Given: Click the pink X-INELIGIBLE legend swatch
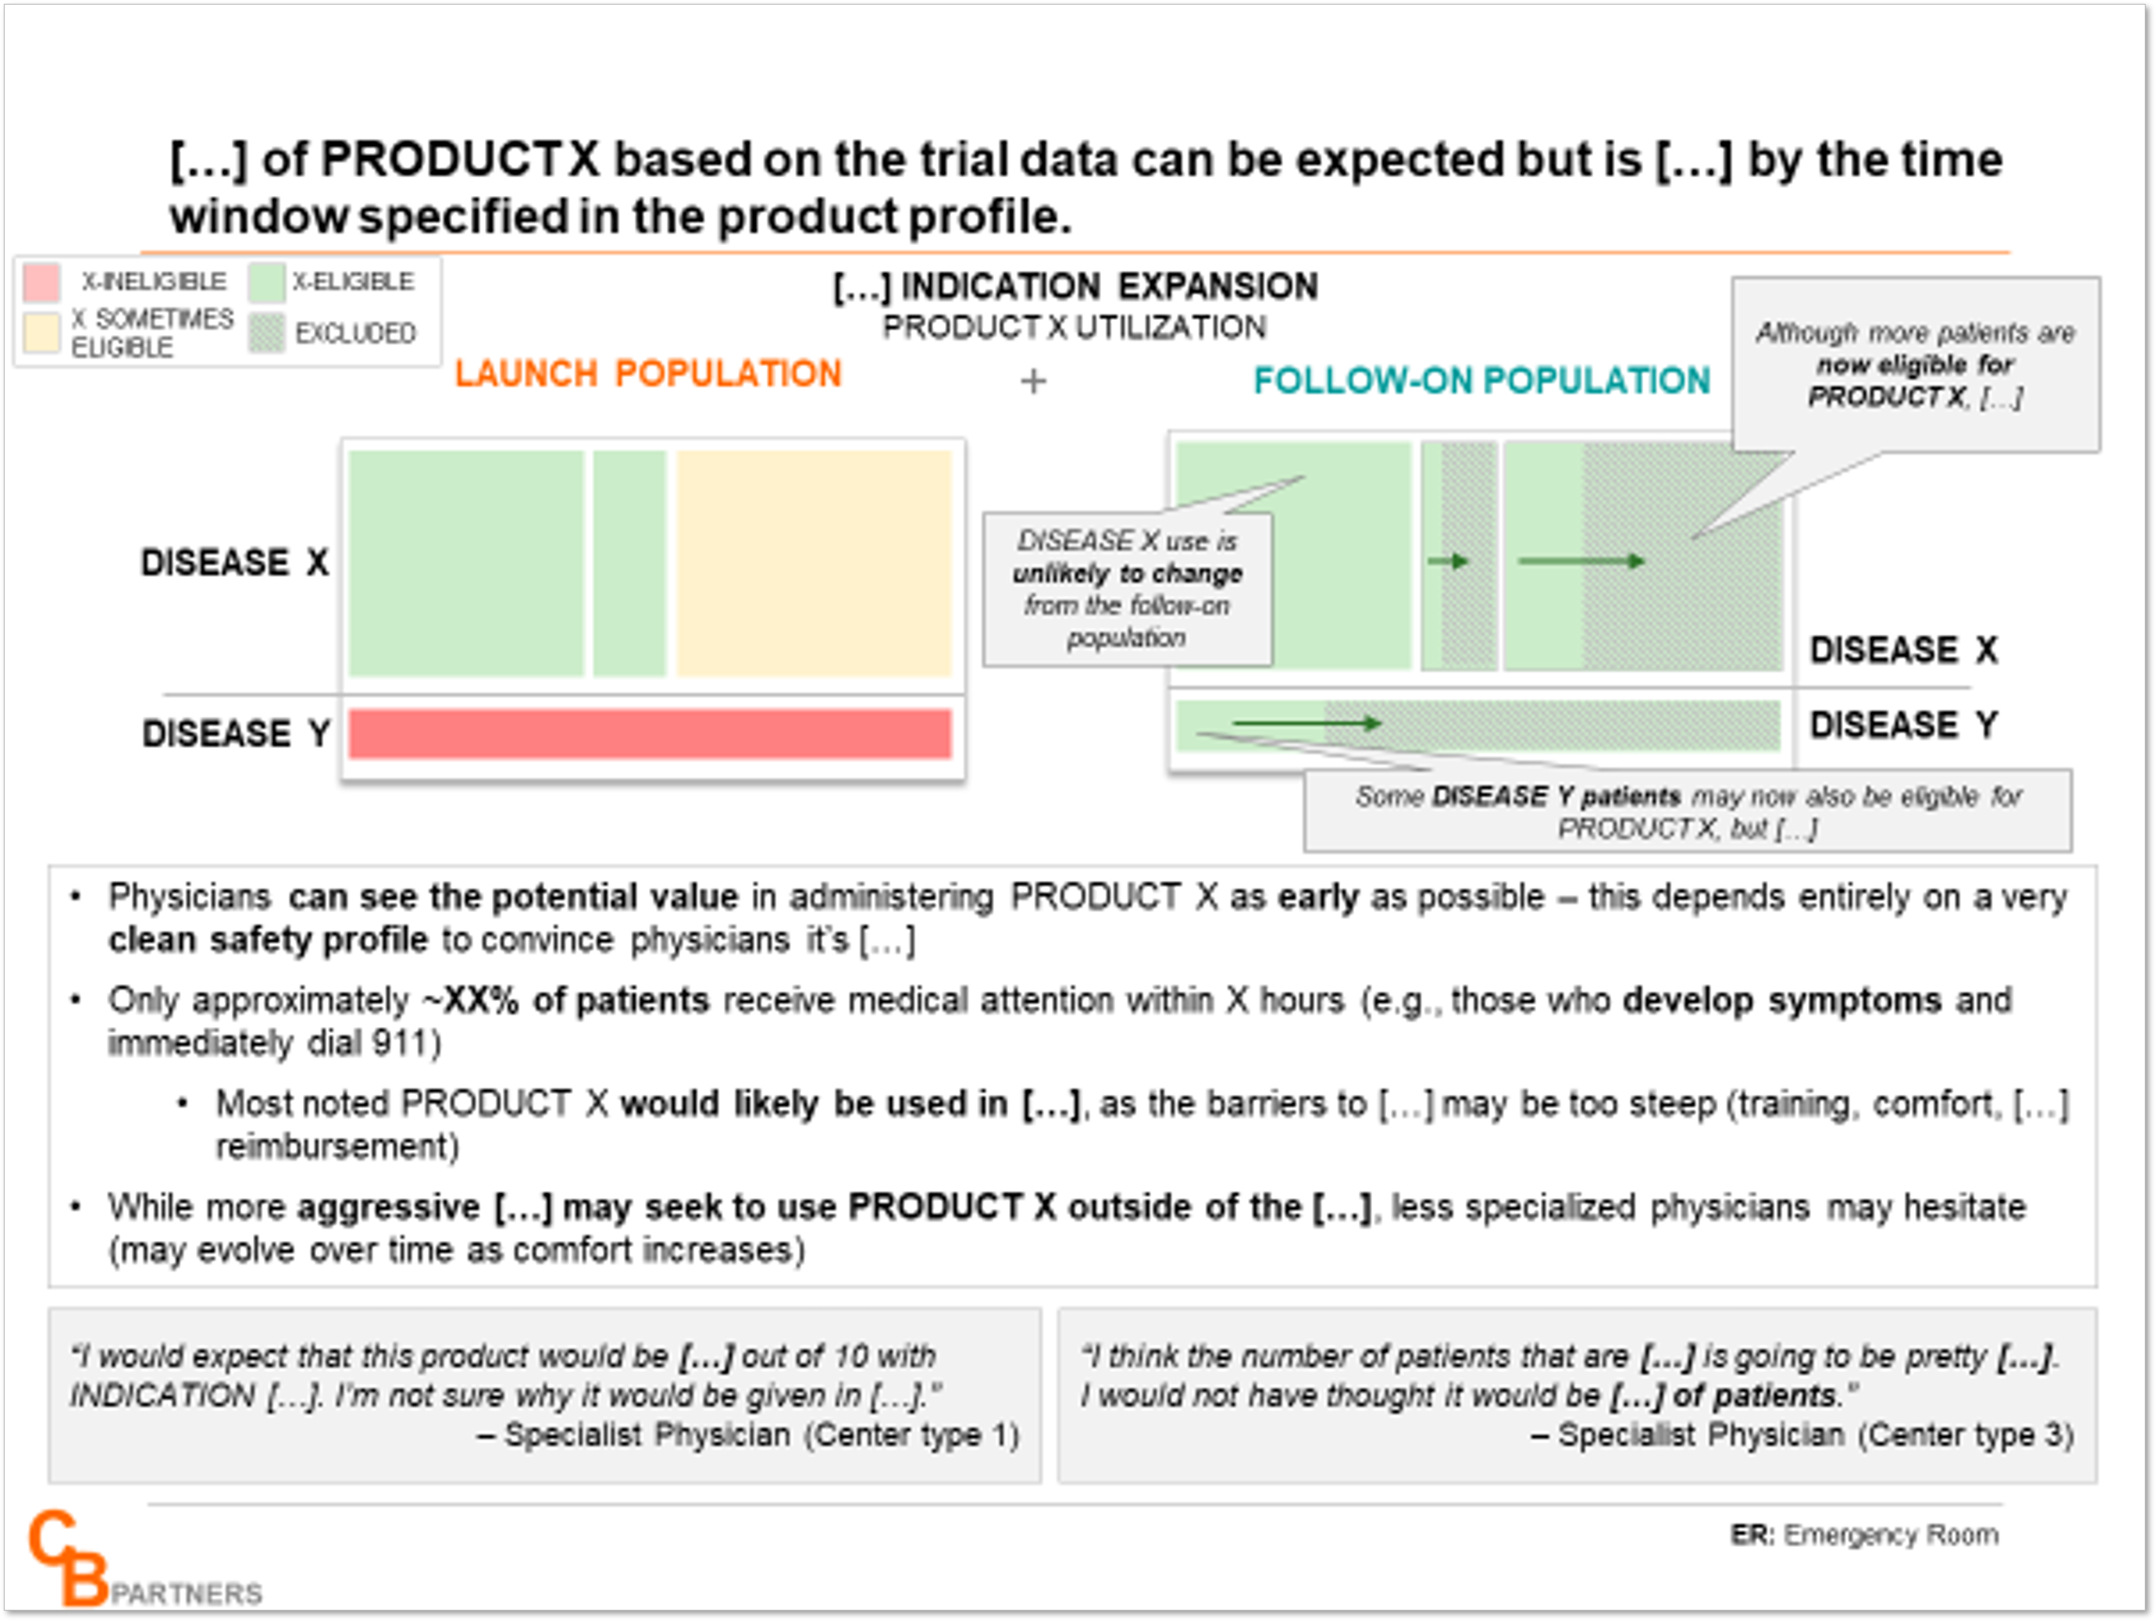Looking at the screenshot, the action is tap(42, 281).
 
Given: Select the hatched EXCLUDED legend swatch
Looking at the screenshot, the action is tap(266, 332).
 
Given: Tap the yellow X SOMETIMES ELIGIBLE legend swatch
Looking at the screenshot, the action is tap(42, 332).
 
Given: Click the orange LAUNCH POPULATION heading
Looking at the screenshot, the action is tap(648, 373).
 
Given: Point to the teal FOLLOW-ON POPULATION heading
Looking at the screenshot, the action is tap(1482, 380).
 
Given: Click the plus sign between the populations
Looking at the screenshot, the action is tap(1033, 381).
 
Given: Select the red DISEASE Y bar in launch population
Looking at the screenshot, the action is tap(650, 733).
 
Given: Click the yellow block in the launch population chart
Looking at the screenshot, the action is tap(814, 563).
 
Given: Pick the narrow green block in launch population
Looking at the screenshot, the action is tap(629, 563).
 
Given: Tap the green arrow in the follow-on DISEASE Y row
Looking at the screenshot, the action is tap(1307, 723).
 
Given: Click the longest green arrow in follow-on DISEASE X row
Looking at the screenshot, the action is tap(1582, 560).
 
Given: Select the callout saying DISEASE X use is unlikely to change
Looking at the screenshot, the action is tap(1128, 589).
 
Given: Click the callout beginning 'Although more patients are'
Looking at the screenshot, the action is tap(1915, 365).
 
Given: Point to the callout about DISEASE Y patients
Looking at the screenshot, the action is tap(1688, 811).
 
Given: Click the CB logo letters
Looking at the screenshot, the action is tap(68, 1557).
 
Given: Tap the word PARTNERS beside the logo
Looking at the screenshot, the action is tap(188, 1594).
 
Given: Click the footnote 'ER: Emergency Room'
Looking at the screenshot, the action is tap(1864, 1536).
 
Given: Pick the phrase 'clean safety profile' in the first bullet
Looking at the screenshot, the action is tap(268, 940).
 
